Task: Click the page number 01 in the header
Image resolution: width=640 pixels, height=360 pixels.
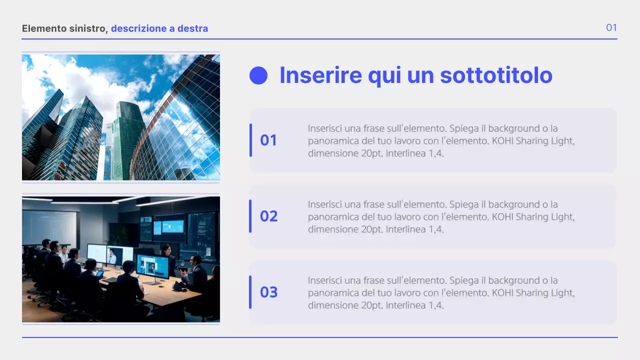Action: [x=611, y=27]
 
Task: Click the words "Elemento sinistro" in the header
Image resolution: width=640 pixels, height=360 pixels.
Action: [x=63, y=28]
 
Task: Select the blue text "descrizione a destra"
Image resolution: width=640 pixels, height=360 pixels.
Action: [x=159, y=28]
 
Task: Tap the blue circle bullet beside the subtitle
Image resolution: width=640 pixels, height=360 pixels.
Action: [x=258, y=75]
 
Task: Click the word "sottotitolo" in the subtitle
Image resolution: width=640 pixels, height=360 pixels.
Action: [x=496, y=75]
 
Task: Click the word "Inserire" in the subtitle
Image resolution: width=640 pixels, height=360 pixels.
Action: [x=320, y=75]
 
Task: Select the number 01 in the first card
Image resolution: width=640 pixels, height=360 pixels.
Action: [x=268, y=140]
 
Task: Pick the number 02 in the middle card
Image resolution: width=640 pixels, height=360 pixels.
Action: [x=268, y=216]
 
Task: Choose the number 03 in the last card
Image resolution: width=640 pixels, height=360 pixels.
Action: [x=268, y=292]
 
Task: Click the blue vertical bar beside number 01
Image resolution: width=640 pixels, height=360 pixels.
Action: [x=250, y=140]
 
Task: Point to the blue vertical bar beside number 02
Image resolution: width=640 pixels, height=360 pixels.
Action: [x=250, y=216]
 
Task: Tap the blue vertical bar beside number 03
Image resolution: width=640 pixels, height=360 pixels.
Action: [x=250, y=292]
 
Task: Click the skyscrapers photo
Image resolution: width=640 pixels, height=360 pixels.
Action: [x=121, y=117]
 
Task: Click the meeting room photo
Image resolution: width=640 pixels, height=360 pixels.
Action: [x=121, y=259]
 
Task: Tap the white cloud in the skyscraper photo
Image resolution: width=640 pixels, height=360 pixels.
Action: [x=95, y=80]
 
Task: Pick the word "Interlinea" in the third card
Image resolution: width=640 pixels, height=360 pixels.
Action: [x=407, y=305]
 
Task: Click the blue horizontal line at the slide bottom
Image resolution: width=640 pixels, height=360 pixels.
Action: [x=320, y=337]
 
